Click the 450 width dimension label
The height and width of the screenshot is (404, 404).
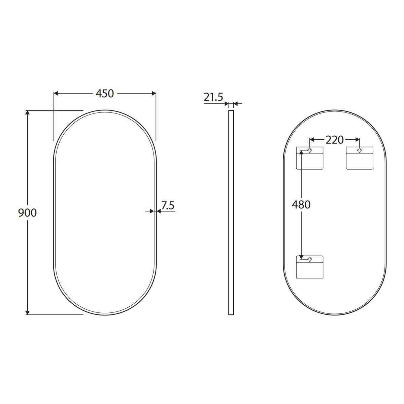coord(105,94)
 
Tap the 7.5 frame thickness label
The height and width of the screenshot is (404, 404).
coord(168,205)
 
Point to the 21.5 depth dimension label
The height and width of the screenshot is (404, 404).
coord(213,97)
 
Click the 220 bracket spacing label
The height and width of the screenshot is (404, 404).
coord(334,140)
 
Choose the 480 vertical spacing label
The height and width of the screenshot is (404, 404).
coord(301,205)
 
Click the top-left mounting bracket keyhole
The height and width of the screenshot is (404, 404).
coord(310,150)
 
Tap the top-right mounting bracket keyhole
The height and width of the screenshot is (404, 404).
coord(360,150)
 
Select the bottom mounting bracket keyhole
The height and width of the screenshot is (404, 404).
coord(310,259)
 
